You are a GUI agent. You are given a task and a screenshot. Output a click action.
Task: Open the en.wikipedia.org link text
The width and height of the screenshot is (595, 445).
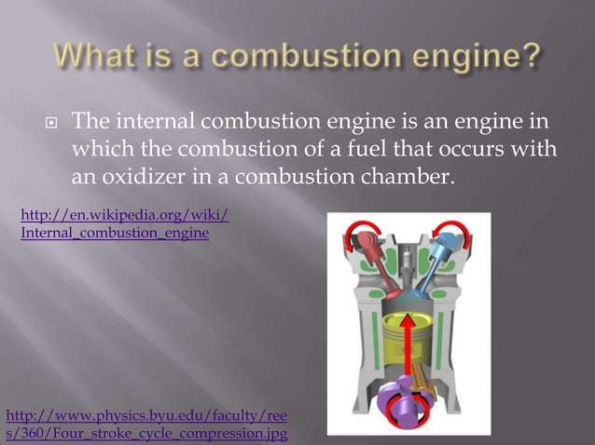coord(124,217)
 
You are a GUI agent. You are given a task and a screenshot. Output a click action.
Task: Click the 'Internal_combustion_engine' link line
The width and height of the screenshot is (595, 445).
coord(115,233)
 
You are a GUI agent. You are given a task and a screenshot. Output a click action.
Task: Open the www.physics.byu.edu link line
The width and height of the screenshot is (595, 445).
coord(146,416)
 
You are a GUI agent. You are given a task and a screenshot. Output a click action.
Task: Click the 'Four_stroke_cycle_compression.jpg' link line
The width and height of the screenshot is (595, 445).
coord(146,433)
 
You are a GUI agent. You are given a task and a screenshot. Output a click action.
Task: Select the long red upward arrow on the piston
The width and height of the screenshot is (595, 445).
coord(407,354)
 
